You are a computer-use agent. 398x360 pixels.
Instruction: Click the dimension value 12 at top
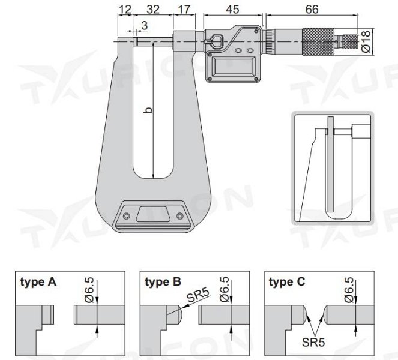tap(125, 10)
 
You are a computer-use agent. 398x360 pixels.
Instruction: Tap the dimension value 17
tap(185, 10)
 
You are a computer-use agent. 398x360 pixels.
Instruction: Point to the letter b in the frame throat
tap(148, 110)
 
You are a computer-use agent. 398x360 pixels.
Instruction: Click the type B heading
tap(163, 281)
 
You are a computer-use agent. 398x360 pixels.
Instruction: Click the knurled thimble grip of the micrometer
tap(322, 41)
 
